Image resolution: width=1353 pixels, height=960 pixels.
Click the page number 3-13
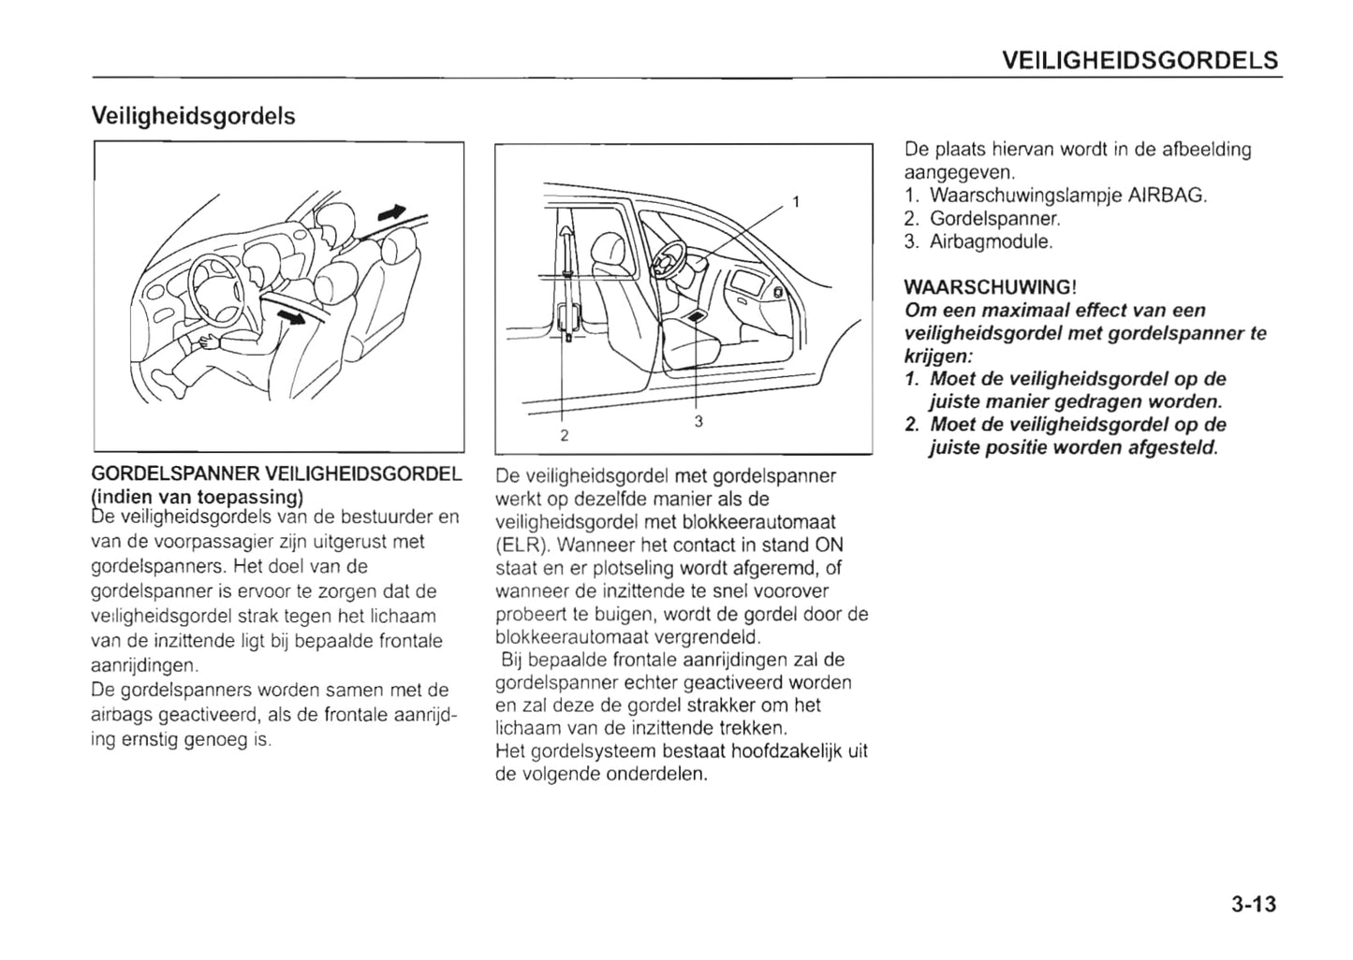pos(1254,904)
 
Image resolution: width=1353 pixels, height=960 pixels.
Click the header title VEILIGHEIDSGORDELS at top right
pos(1140,61)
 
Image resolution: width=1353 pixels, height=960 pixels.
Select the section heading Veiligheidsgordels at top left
pos(193,116)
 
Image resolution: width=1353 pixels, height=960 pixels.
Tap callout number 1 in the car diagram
pos(796,201)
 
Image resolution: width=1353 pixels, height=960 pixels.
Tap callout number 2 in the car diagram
pos(564,435)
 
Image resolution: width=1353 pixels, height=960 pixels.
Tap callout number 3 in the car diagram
pos(699,422)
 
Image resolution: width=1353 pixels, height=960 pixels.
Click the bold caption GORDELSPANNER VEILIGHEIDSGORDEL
pos(277,474)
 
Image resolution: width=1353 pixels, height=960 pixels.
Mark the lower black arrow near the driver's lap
pos(294,318)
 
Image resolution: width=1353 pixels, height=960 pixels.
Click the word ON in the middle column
pos(830,545)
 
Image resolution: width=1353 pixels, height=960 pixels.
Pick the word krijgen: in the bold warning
pos(939,356)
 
